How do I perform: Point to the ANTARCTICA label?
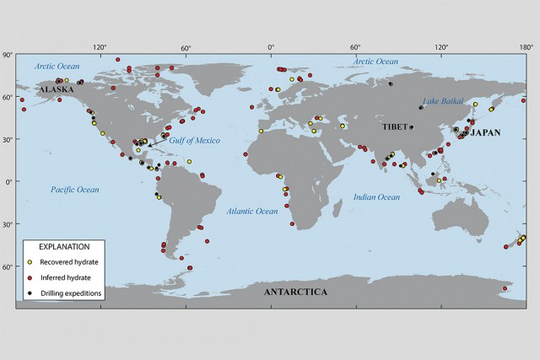click(x=295, y=292)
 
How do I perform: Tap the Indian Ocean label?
click(x=376, y=197)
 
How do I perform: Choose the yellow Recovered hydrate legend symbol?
click(x=30, y=263)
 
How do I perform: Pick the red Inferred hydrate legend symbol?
click(x=30, y=278)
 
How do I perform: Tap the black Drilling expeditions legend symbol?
click(x=30, y=293)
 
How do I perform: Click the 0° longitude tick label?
click(x=271, y=48)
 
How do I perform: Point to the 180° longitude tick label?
click(x=525, y=48)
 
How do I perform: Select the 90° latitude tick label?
click(x=8, y=56)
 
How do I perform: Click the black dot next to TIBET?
click(x=412, y=127)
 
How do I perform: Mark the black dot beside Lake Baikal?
click(x=421, y=107)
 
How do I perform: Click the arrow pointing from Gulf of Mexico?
click(x=158, y=144)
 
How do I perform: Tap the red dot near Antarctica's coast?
click(x=504, y=288)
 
